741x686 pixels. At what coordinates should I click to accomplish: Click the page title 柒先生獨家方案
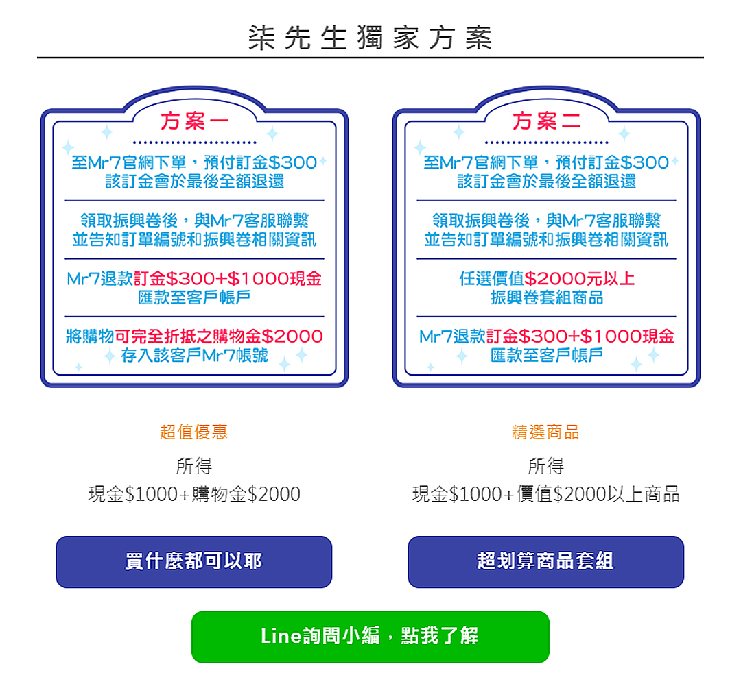point(370,38)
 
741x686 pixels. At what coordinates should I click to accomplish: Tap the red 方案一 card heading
point(195,122)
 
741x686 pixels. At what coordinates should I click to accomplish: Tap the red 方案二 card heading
point(547,122)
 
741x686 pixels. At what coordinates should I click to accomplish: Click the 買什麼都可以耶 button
point(193,561)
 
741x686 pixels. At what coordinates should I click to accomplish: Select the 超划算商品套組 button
point(545,561)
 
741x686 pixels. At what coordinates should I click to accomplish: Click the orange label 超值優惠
point(193,432)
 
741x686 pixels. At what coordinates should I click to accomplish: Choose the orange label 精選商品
point(545,432)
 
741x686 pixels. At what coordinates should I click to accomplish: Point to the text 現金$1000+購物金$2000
point(194,494)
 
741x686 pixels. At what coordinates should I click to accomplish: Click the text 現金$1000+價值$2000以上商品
point(545,494)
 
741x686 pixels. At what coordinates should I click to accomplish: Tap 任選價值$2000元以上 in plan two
point(547,279)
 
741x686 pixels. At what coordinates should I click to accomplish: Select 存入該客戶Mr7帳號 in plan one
point(195,356)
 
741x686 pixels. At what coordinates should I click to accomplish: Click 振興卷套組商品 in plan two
point(547,298)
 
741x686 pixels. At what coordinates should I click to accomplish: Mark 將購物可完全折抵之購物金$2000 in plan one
point(195,336)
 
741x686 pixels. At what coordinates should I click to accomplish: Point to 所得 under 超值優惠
point(194,467)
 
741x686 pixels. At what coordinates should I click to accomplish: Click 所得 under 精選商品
point(545,467)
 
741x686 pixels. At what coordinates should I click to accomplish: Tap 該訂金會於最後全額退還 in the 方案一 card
point(195,182)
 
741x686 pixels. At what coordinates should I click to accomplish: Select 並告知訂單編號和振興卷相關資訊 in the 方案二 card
point(547,240)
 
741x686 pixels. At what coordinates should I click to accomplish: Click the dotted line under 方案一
point(195,143)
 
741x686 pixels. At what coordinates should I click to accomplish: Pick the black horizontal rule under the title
point(370,58)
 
